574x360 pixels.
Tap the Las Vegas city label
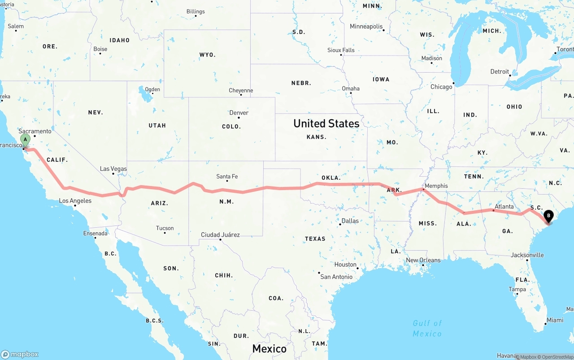coord(113,169)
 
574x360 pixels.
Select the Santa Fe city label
coord(226,177)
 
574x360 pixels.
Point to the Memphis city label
coord(436,186)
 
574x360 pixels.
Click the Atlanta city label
coord(504,207)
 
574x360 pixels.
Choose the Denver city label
coord(239,113)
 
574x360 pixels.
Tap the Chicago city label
coord(441,87)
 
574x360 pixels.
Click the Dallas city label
coord(350,221)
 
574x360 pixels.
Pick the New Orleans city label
coord(423,260)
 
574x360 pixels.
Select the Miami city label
coord(555,320)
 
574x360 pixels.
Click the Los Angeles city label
coord(75,200)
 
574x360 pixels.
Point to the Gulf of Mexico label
coord(427,328)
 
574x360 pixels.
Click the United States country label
coord(326,124)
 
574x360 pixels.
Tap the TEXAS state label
coord(315,239)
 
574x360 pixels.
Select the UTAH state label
coord(157,126)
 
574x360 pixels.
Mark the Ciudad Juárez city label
coord(220,234)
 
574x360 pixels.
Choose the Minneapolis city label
coord(366,26)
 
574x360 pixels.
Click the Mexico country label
coord(269,348)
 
